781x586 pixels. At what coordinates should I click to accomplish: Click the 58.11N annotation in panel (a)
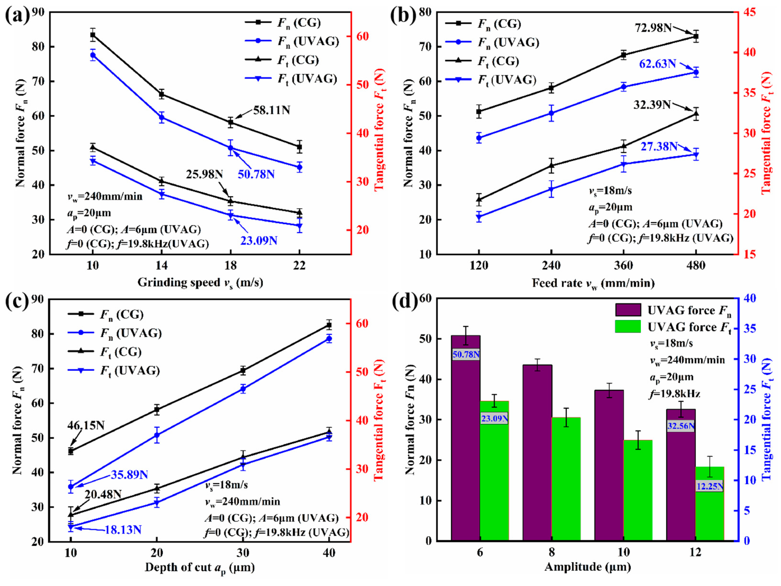tap(271, 110)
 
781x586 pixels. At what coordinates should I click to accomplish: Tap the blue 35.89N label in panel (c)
tap(129, 475)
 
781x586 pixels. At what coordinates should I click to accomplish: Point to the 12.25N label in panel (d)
tap(709, 486)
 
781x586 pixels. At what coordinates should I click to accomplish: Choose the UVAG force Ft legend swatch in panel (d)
tap(628, 327)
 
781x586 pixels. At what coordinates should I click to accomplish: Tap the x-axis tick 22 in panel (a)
tap(299, 265)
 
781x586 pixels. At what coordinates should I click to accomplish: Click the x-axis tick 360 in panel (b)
tap(623, 265)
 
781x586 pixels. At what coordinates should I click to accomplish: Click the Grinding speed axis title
tap(200, 283)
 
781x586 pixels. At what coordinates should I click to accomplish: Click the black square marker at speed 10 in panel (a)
tap(92, 35)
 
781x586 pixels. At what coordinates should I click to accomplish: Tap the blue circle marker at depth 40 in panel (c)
tap(329, 339)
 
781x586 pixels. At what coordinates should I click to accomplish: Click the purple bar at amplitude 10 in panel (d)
tap(609, 466)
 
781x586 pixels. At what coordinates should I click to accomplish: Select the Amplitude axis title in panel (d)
tap(587, 567)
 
